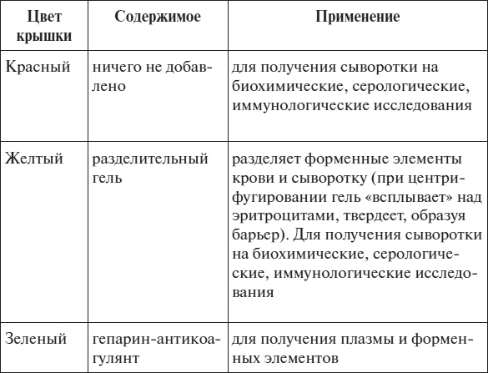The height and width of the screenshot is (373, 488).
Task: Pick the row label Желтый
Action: (34, 158)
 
